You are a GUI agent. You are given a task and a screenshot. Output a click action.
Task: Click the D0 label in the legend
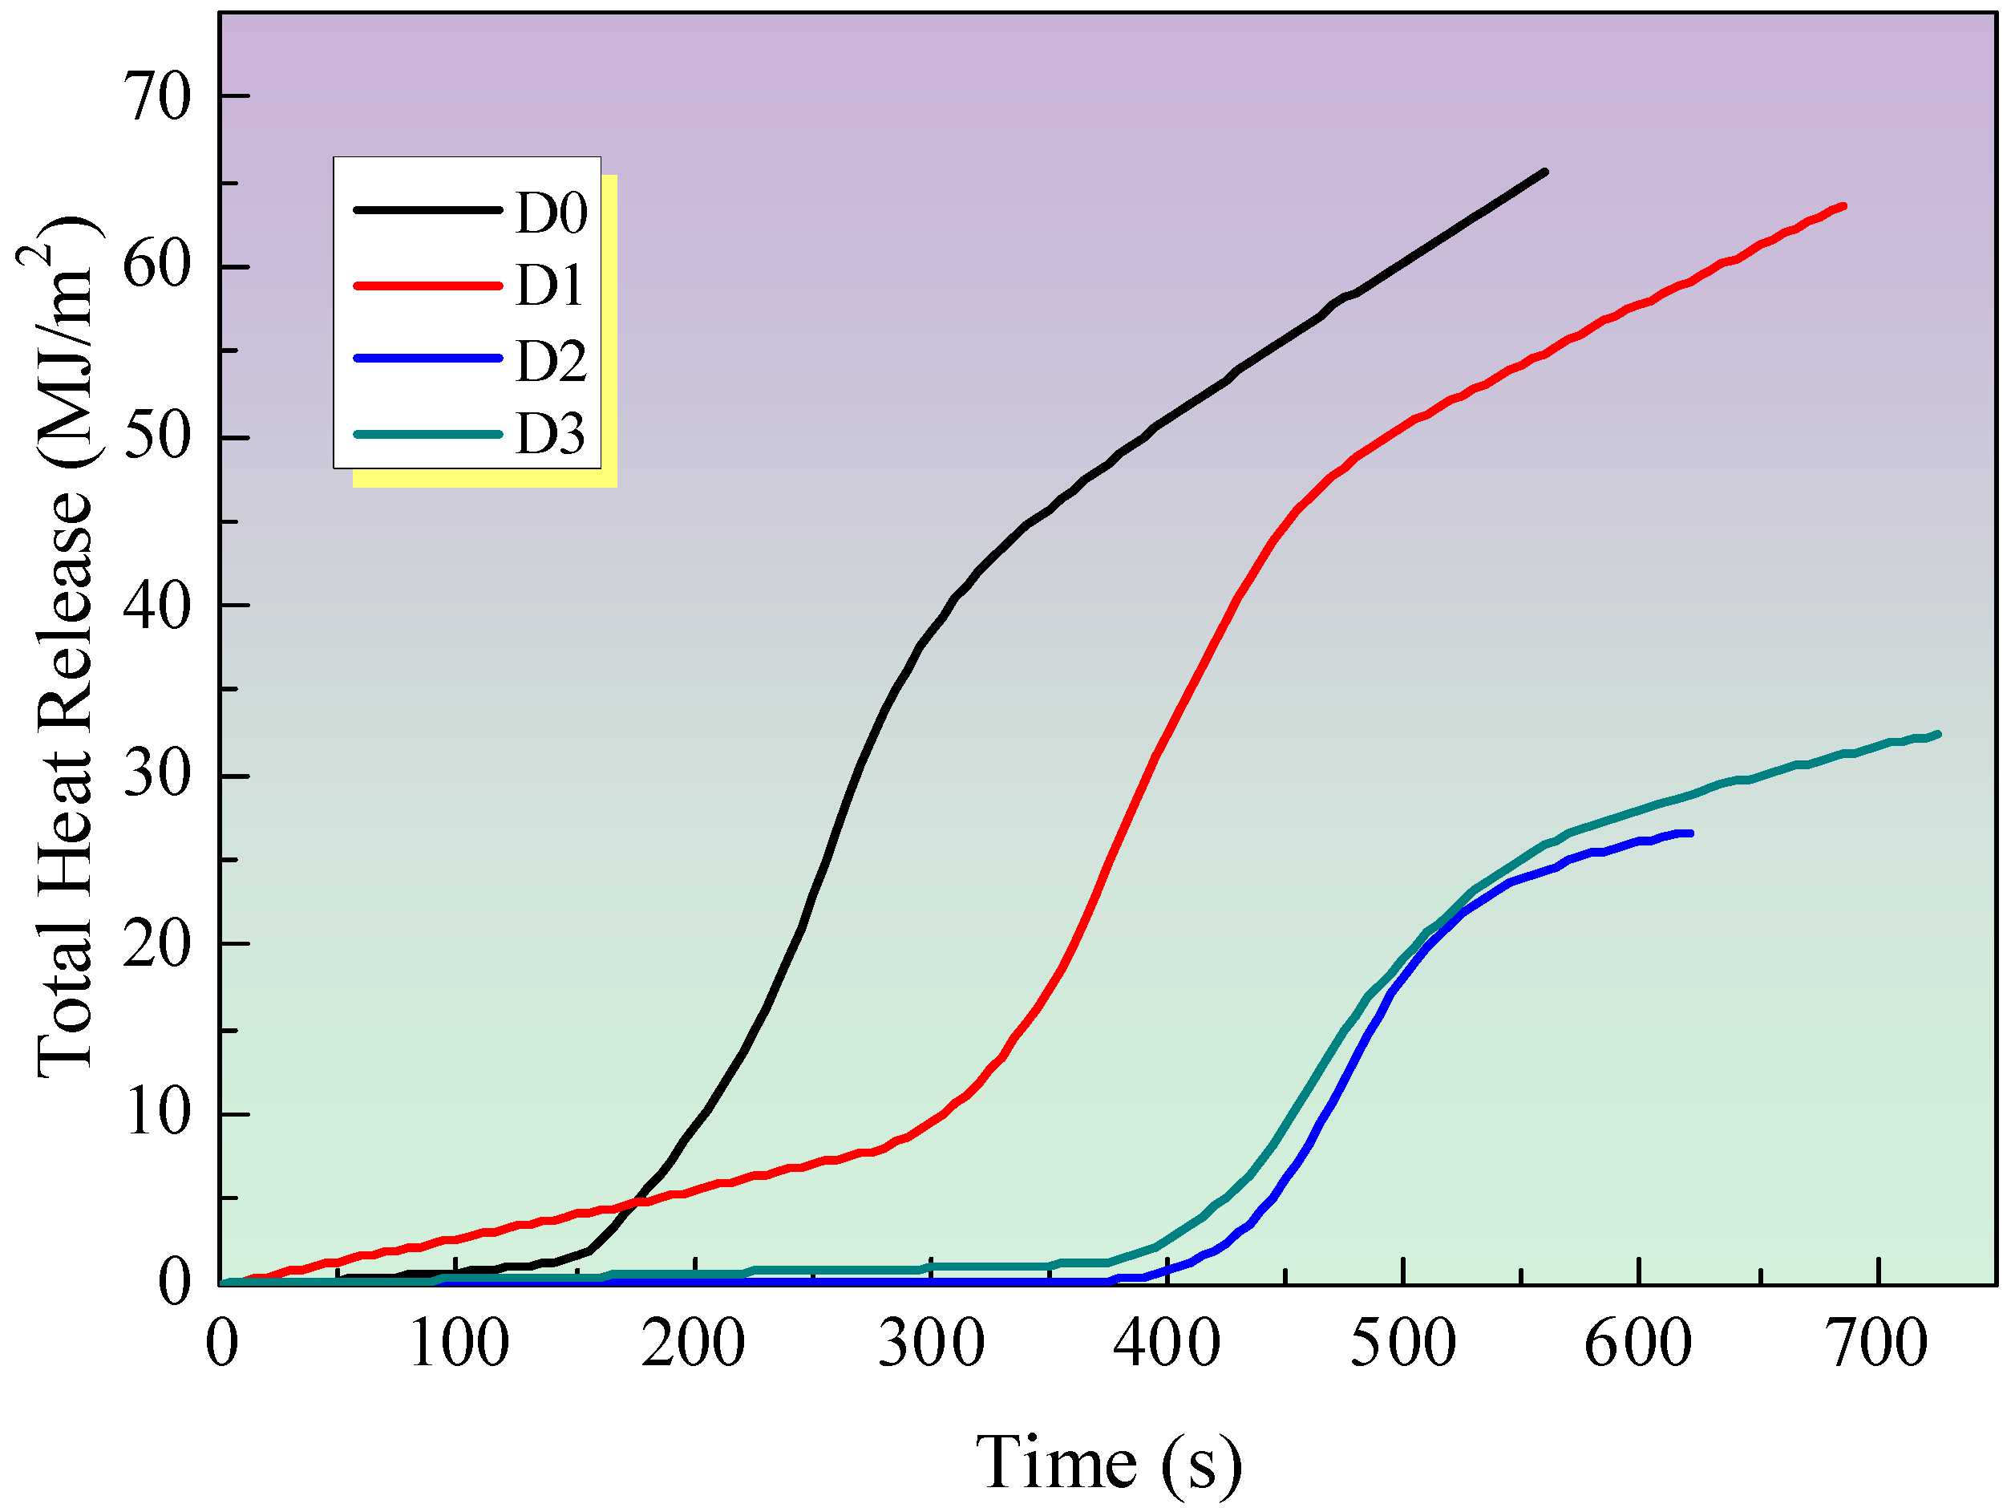point(551,213)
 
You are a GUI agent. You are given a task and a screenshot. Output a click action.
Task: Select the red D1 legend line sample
point(427,286)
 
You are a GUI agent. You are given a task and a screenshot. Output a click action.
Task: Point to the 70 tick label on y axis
point(156,96)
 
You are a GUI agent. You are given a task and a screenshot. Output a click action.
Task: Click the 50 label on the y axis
point(156,436)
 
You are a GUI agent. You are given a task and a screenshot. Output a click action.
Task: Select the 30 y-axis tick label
point(156,776)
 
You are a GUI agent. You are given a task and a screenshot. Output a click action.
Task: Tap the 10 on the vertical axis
point(156,1113)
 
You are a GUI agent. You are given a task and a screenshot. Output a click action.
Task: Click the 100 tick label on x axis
point(457,1344)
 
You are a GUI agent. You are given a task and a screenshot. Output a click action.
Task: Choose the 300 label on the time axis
point(931,1344)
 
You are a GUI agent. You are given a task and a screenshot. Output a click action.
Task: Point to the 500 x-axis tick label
point(1403,1344)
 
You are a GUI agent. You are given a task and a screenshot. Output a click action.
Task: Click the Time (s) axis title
point(1109,1462)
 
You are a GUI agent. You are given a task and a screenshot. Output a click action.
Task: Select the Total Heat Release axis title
point(66,647)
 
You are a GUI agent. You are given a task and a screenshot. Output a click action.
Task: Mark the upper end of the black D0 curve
point(1545,172)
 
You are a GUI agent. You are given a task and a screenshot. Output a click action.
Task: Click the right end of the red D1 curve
point(1843,206)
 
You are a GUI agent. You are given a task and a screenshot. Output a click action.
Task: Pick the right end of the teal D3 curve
point(1937,733)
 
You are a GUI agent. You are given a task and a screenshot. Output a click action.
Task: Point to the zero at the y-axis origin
point(173,1283)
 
